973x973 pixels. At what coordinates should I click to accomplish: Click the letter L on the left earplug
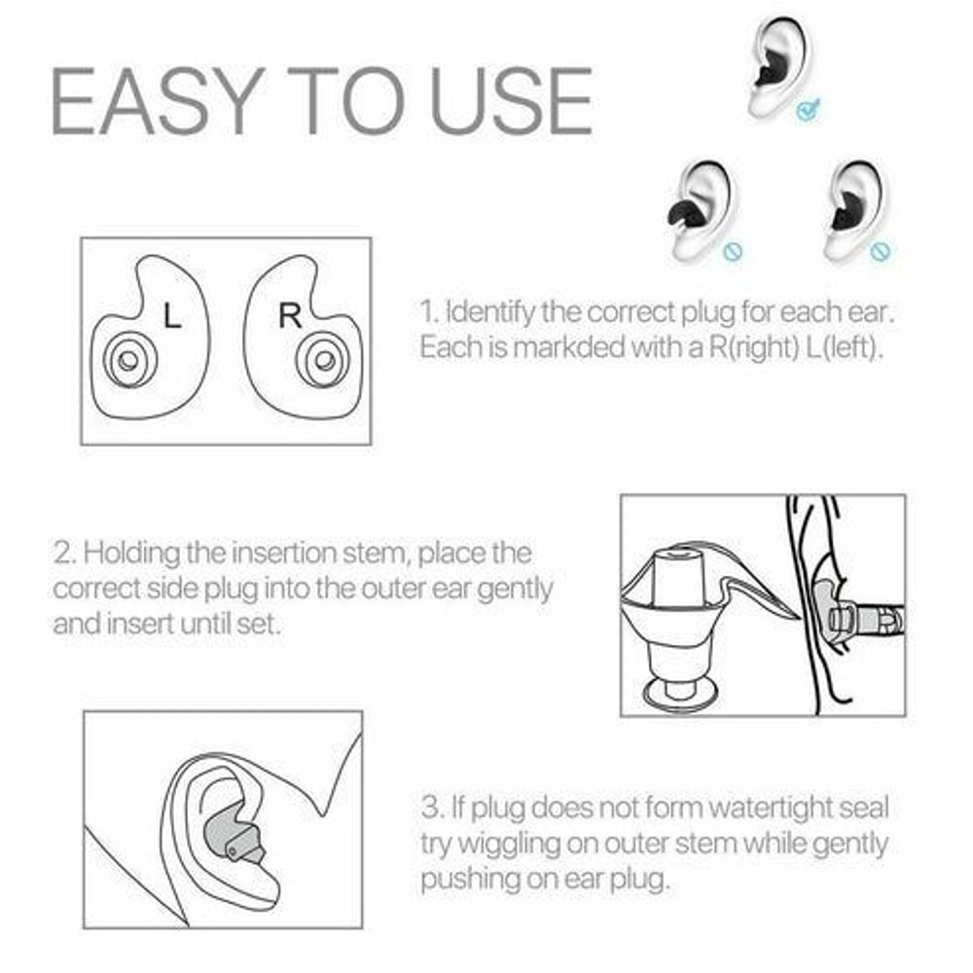click(172, 316)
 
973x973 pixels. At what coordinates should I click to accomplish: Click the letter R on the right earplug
click(289, 316)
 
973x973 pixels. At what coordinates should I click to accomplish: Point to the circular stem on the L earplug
click(126, 362)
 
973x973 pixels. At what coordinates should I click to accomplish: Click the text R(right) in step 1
click(764, 347)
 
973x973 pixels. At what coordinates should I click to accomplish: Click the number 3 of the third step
click(431, 808)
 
